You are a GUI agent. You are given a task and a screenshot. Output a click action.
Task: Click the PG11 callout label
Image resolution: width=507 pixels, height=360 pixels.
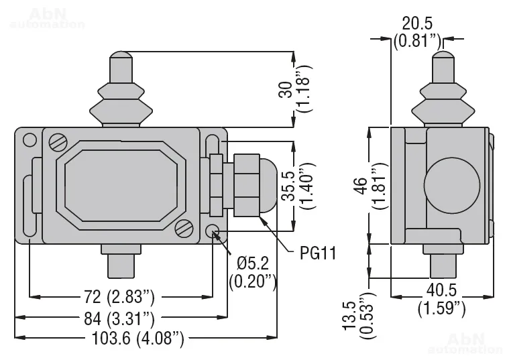point(318,253)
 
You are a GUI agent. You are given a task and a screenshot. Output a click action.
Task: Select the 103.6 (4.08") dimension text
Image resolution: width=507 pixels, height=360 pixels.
point(138,339)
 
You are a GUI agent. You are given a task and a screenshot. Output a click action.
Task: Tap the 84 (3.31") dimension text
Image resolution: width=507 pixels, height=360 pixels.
point(119,318)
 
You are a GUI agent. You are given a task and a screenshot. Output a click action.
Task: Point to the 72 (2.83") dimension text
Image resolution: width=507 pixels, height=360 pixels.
point(119,297)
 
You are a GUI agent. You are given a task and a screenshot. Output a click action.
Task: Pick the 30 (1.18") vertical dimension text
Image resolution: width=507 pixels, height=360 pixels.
point(296,89)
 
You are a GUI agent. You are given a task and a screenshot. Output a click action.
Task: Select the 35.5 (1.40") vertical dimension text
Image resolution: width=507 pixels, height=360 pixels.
point(298,186)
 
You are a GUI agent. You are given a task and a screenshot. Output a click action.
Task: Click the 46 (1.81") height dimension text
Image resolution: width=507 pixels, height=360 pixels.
point(371,186)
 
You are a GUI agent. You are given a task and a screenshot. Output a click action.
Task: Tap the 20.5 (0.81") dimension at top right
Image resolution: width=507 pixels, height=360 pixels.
point(417,32)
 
